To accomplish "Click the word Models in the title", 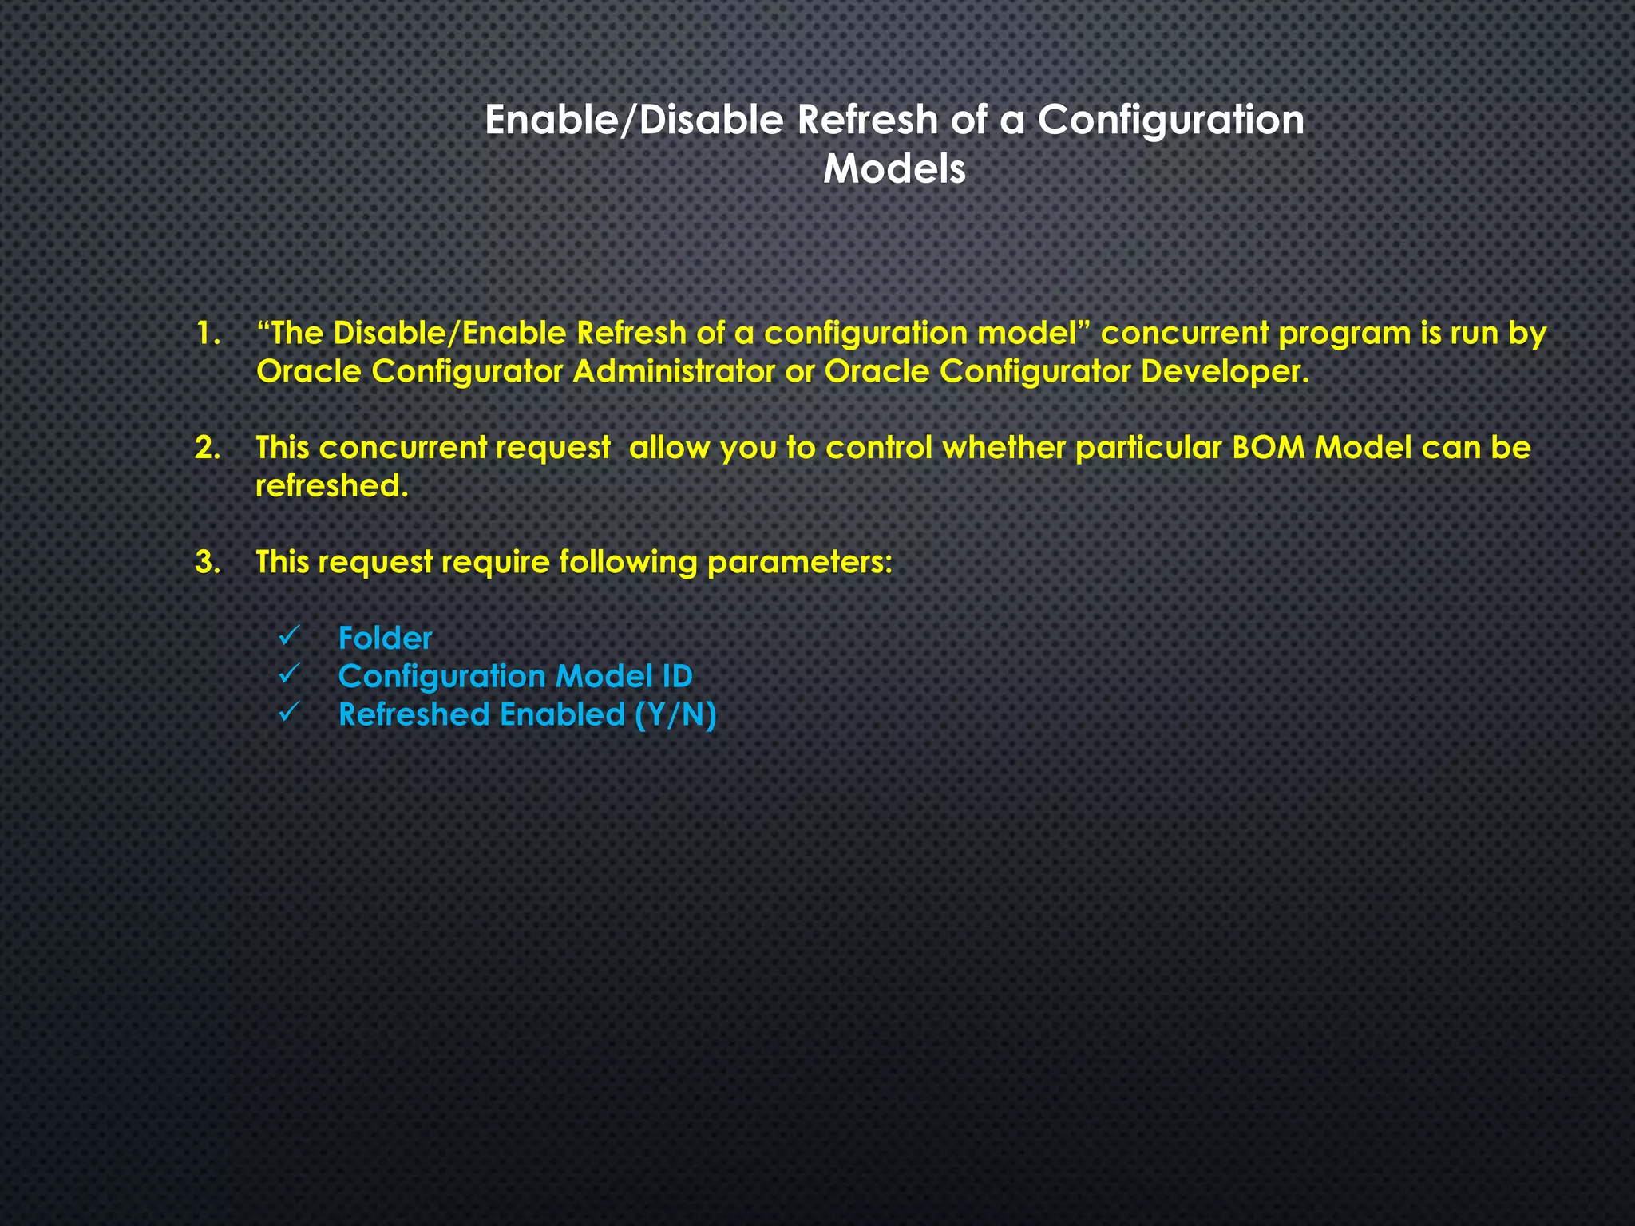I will pos(894,169).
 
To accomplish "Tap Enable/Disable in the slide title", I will pos(635,121).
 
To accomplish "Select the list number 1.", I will pos(208,334).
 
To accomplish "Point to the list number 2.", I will pos(208,449).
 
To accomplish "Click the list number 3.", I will pos(208,563).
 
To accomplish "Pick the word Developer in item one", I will pos(1224,372).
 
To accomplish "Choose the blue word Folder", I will pos(385,639).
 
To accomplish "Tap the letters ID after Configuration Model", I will pos(676,677).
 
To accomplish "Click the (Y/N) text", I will pos(675,715).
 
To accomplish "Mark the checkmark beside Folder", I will pos(288,637).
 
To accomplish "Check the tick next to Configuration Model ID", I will pos(288,675).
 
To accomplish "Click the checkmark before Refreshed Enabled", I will pos(288,713).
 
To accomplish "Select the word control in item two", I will pos(878,449).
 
